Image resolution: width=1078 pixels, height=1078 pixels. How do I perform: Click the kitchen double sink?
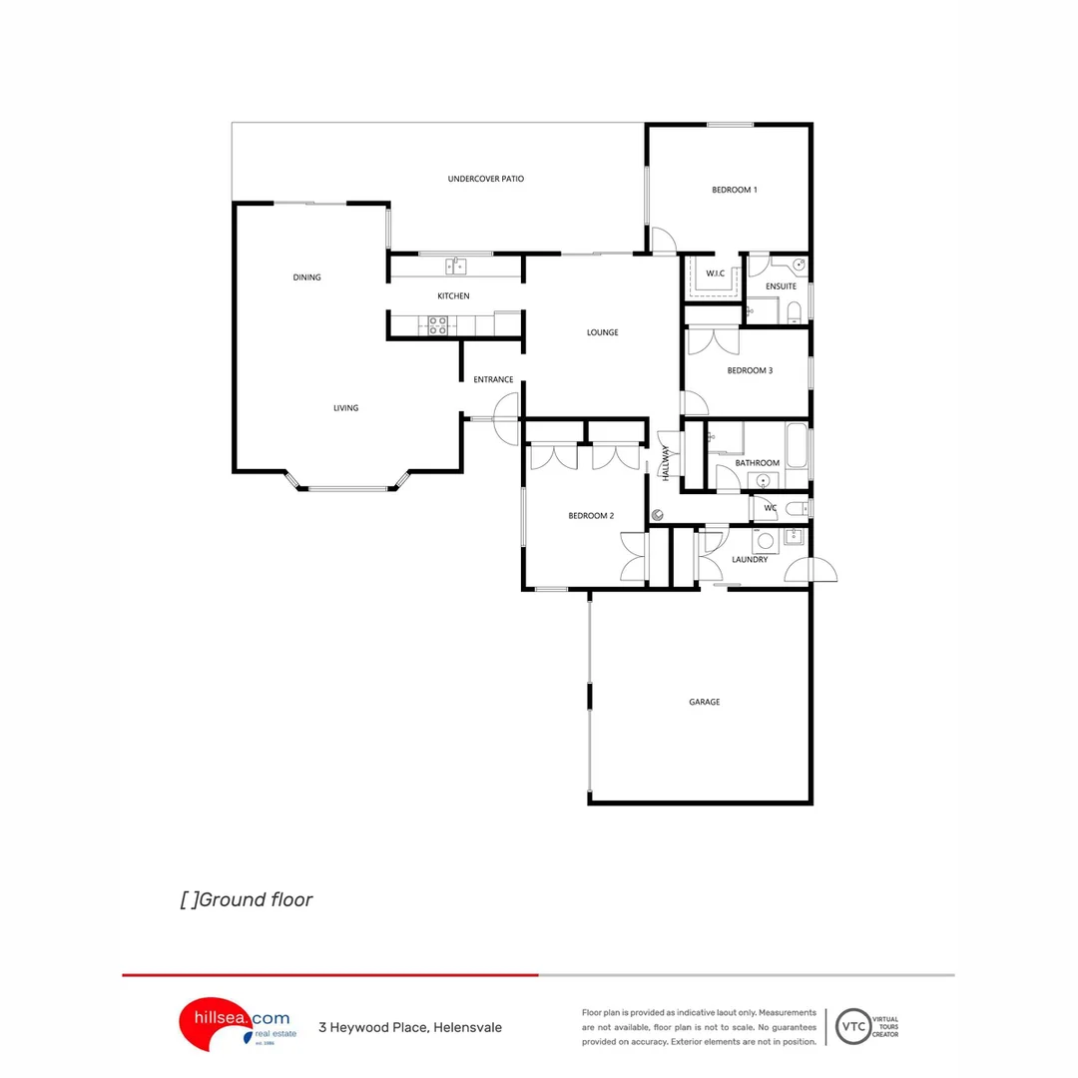455,266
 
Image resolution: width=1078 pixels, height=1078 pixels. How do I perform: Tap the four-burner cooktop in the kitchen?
437,324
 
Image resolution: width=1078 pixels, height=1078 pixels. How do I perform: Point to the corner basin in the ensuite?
799,265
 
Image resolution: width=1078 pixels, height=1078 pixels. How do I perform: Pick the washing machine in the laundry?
766,542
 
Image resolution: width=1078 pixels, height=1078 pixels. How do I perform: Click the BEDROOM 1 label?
734,190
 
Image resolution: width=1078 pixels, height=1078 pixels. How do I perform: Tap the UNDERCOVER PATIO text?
485,179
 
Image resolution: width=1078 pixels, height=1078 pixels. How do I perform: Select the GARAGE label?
704,702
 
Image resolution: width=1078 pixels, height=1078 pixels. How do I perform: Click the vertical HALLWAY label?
666,464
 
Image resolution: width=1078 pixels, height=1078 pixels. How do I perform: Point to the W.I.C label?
715,272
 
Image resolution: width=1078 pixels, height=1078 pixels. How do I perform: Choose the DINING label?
306,277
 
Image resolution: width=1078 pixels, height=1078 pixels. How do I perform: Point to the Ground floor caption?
247,899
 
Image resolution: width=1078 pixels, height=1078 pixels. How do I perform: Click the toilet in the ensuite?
793,313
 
